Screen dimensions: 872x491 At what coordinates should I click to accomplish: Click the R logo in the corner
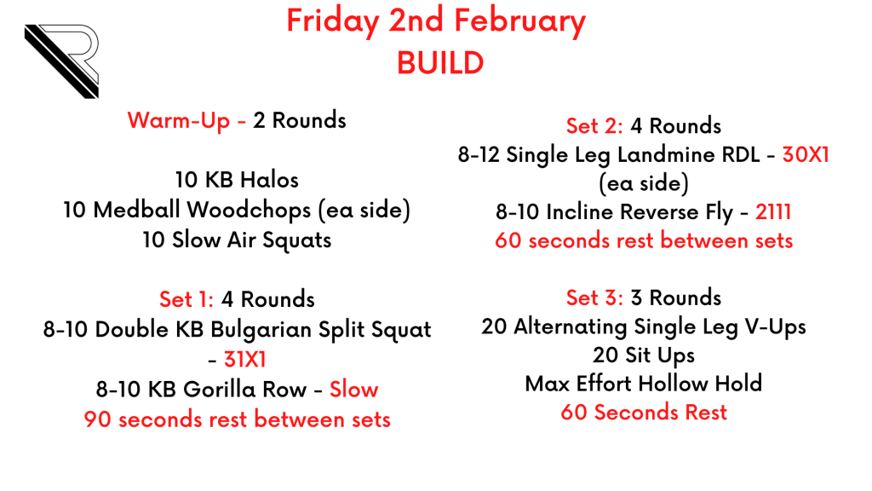[61, 61]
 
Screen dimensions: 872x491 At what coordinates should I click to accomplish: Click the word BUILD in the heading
[440, 63]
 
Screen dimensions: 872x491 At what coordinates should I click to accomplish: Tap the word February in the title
[519, 21]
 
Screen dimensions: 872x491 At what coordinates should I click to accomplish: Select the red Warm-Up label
[179, 120]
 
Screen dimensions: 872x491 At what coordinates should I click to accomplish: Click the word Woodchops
[249, 210]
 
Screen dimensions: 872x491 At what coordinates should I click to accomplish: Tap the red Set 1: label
[186, 299]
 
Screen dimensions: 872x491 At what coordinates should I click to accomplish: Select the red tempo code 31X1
[244, 360]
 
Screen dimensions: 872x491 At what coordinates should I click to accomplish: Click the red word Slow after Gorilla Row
[353, 389]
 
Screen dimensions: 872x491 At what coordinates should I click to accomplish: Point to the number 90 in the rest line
[98, 419]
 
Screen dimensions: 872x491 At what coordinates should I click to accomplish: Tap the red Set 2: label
[594, 126]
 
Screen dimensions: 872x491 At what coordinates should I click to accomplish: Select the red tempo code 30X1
[806, 155]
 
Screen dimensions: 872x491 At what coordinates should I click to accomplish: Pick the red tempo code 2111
[773, 212]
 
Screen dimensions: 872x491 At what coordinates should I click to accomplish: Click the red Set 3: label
[594, 297]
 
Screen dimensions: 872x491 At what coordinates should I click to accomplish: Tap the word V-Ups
[775, 326]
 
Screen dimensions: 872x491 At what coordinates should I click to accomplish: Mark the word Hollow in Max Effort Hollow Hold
[673, 384]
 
